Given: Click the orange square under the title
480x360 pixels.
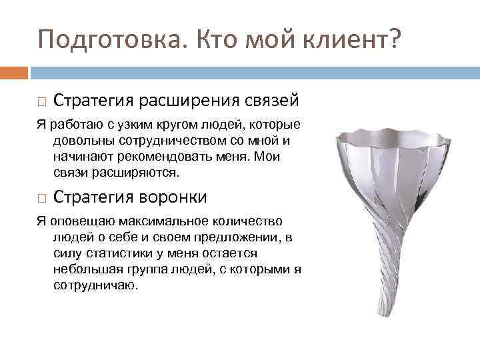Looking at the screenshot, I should (x=14, y=71).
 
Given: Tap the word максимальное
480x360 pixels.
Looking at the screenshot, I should (x=131, y=221).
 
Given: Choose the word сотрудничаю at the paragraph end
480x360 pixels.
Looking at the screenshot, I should (x=95, y=285).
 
